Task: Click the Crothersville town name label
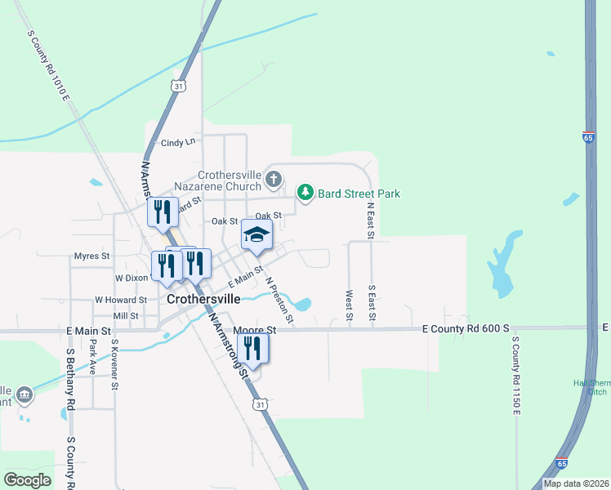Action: coord(203,299)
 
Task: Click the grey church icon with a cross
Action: coord(274,178)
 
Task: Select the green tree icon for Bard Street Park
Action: coord(305,193)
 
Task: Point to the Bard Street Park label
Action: coord(359,194)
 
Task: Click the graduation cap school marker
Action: coord(256,235)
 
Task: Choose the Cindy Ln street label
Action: coord(179,142)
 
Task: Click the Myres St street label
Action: coord(91,256)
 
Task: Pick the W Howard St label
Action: coord(120,300)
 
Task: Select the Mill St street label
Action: coord(126,315)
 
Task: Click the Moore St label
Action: coord(256,330)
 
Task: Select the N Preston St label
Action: coord(279,298)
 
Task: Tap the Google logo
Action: coord(27,480)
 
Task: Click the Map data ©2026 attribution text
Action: coord(576,483)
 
